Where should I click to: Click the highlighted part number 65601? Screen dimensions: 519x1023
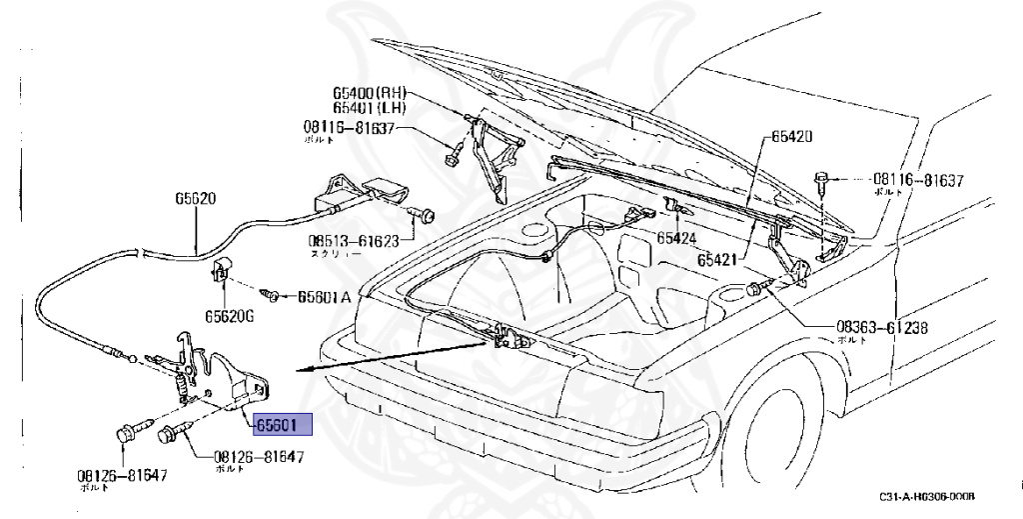283,425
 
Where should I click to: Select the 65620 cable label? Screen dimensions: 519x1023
195,198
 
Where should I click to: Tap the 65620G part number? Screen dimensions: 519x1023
230,316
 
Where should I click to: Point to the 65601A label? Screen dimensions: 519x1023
324,297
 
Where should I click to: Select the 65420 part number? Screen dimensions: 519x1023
791,136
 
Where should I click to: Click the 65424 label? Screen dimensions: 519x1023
676,238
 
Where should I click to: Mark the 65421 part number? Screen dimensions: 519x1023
716,260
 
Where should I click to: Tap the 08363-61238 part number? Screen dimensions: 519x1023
883,327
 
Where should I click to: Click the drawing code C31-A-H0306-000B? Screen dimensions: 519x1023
927,497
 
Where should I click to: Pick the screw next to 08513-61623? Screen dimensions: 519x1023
420,213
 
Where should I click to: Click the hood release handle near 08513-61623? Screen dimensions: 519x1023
360,194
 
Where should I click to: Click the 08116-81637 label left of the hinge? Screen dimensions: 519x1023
350,128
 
